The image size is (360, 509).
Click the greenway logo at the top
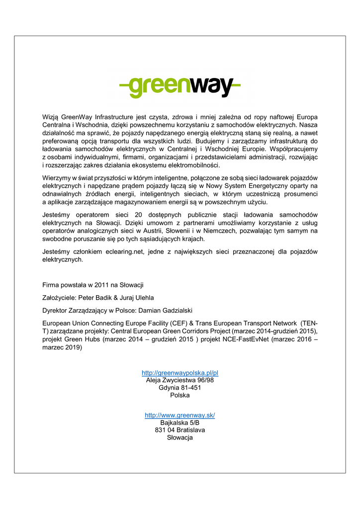pos(180,87)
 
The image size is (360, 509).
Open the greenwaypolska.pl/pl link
pos(180,373)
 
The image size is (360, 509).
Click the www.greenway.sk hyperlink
pos(180,415)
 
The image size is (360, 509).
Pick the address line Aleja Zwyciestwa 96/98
pos(180,380)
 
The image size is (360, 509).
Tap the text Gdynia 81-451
pos(180,388)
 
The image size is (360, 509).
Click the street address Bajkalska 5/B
pos(180,423)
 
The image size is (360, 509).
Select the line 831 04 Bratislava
pos(180,430)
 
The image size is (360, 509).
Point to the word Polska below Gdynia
pos(180,395)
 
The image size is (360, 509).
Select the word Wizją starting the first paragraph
pos(51,117)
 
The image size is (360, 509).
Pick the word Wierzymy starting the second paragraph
pos(57,178)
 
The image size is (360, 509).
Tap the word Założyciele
pos(58,298)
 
